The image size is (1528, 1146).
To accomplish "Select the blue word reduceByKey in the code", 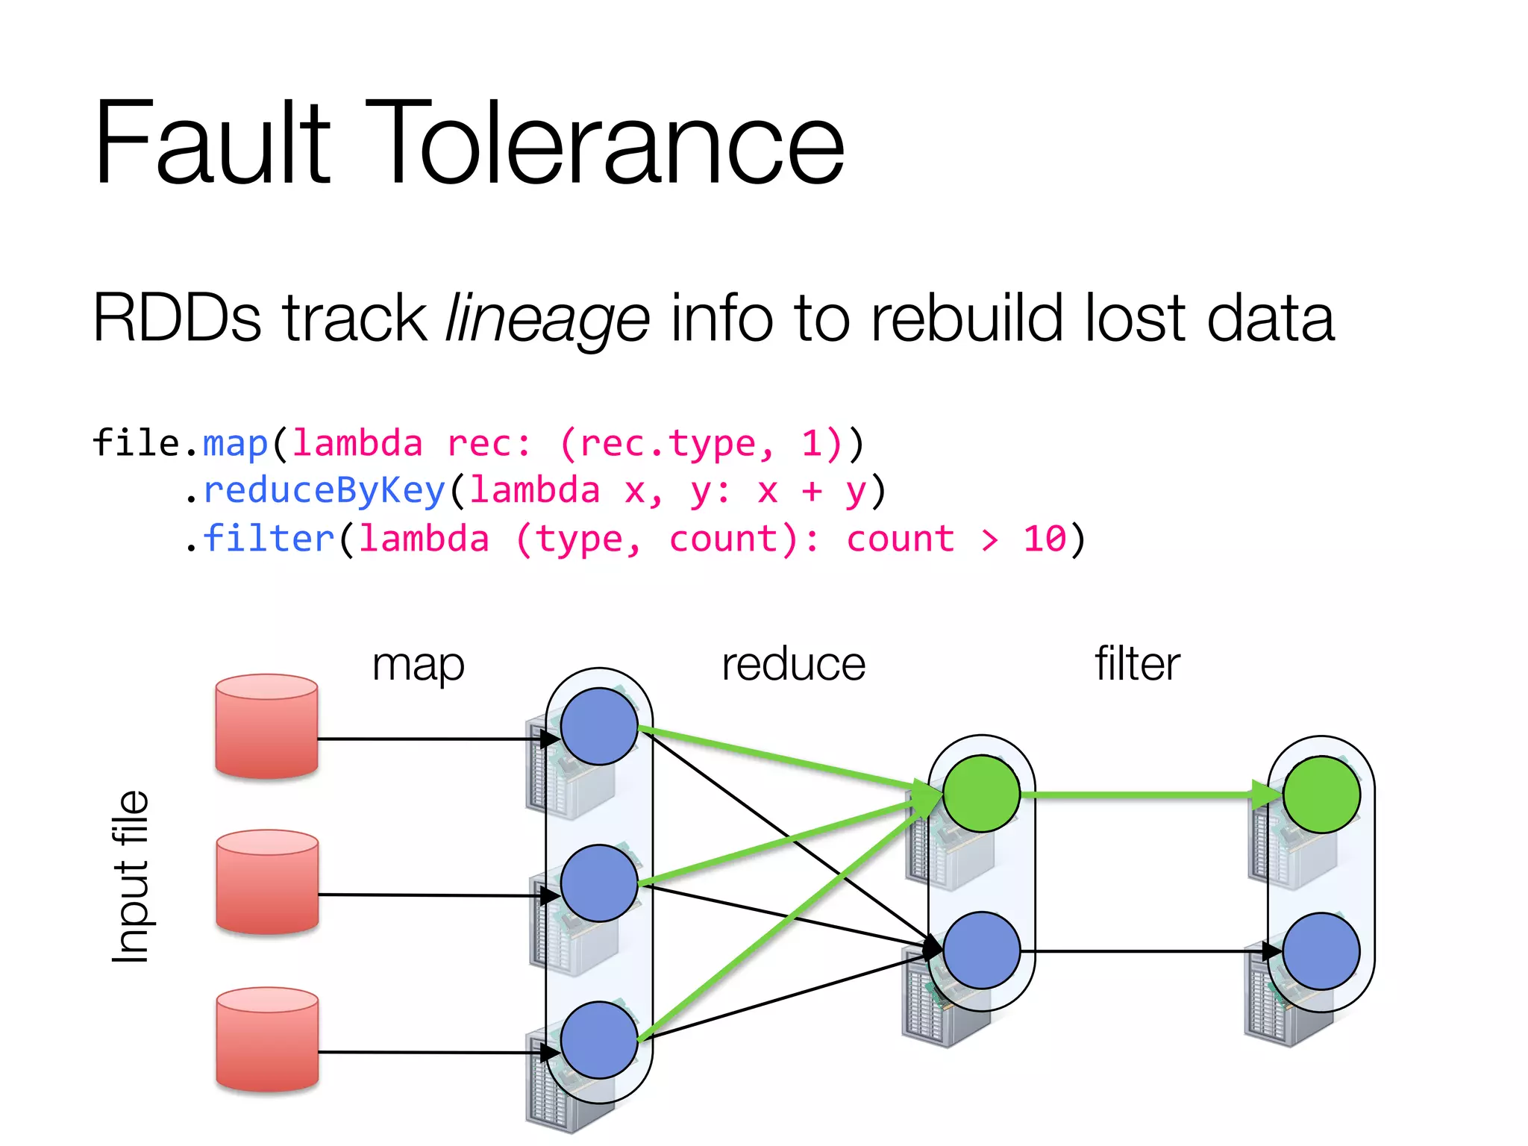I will point(324,491).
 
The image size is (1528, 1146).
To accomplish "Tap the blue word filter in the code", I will point(269,539).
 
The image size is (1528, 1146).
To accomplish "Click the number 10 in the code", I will point(1045,539).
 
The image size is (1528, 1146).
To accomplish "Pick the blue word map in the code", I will point(235,444).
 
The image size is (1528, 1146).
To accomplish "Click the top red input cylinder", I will point(266,727).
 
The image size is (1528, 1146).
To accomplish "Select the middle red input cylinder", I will point(267,882).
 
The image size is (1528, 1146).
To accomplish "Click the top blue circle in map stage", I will point(599,727).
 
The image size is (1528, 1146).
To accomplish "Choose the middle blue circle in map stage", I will point(599,883).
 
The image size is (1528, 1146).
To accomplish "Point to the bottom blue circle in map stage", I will point(599,1040).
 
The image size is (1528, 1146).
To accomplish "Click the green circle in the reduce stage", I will point(981,794).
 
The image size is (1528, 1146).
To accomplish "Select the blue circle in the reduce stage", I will point(981,951).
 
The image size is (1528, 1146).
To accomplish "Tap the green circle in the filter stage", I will point(1321,795).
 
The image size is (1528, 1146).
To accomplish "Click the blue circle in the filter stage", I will point(1321,951).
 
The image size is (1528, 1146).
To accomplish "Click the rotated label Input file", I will point(131,877).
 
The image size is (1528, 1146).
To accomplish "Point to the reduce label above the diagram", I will point(793,664).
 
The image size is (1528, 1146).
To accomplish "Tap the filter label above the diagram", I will point(1137,664).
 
